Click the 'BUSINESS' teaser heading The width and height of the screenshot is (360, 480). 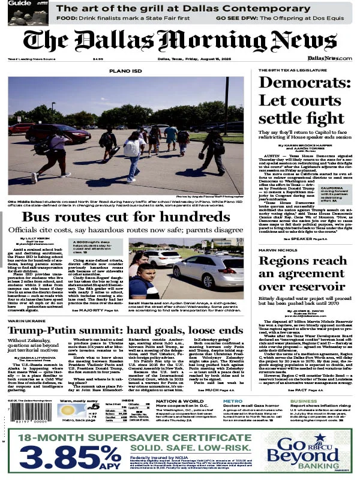(x=304, y=401)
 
